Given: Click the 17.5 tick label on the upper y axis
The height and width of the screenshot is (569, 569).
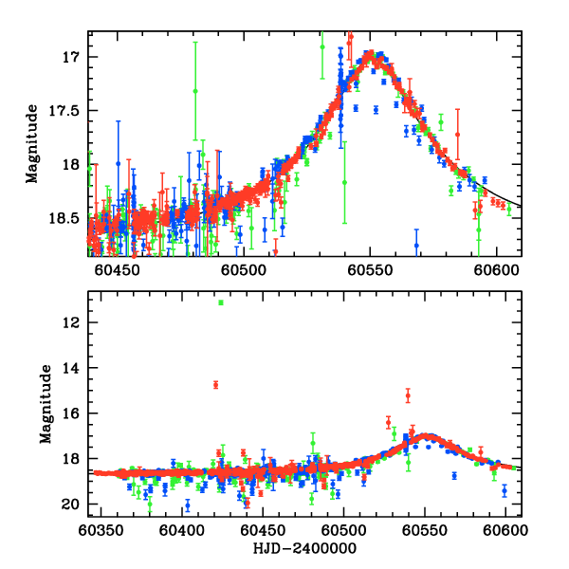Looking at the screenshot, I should (x=69, y=111).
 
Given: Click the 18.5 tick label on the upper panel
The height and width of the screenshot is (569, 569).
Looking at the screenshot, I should (x=69, y=218).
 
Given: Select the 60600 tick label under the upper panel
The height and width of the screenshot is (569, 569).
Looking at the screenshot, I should (x=499, y=271).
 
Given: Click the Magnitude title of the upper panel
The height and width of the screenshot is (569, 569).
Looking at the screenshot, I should (x=32, y=144).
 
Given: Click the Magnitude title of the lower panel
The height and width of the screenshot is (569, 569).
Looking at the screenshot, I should (x=45, y=404).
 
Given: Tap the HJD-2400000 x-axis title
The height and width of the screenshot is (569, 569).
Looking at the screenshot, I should (x=303, y=549).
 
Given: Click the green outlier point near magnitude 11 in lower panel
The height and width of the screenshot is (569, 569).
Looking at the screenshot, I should (x=220, y=303).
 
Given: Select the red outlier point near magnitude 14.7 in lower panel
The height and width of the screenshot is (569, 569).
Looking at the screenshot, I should (x=216, y=384).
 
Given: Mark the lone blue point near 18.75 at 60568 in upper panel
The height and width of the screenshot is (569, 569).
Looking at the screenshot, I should (x=416, y=245).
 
